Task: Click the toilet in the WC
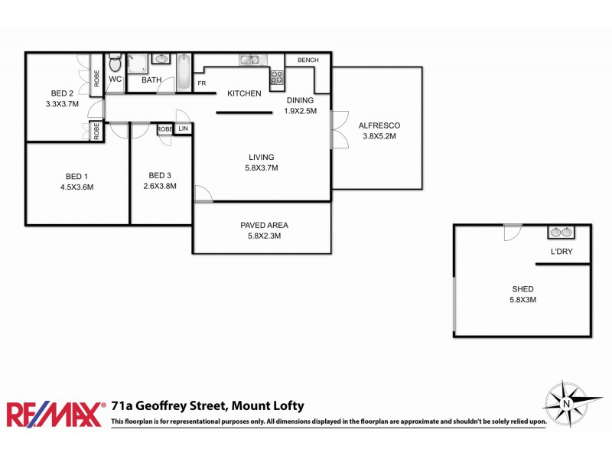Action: coord(116,64)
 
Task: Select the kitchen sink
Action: coord(250,60)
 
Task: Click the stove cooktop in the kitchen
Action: coord(277,76)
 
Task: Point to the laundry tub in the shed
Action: coord(562,232)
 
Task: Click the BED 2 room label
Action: coord(63,93)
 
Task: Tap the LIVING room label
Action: coord(261,158)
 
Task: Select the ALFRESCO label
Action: coord(379,126)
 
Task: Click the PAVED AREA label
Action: coord(264,225)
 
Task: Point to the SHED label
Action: coord(523,289)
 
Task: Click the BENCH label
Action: coord(308,60)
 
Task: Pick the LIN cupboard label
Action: coord(183,129)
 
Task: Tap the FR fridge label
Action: coord(202,83)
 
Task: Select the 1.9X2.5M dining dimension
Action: coord(300,111)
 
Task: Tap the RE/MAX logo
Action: coord(56,413)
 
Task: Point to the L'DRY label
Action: coord(562,252)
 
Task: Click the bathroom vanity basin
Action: coord(161,59)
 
